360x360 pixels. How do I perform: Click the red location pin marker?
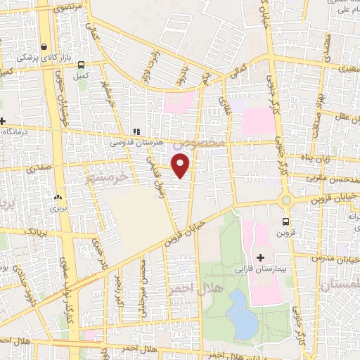(181, 165)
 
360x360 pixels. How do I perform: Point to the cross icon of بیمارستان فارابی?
(261, 257)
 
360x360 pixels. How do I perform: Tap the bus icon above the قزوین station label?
(295, 222)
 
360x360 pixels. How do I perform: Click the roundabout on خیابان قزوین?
(285, 200)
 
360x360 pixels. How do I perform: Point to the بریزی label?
(56, 208)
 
